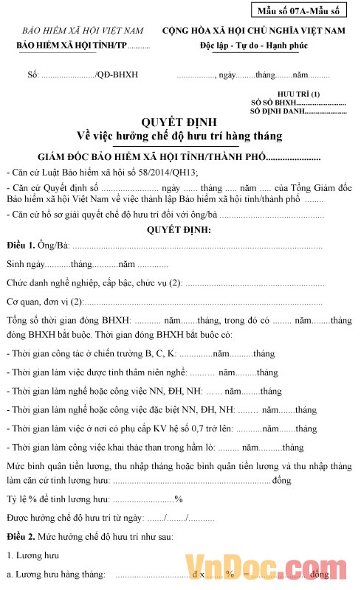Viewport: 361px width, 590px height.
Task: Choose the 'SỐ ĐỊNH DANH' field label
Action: coord(277,111)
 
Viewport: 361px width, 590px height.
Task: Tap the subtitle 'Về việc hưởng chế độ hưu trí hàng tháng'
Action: coord(179,136)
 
